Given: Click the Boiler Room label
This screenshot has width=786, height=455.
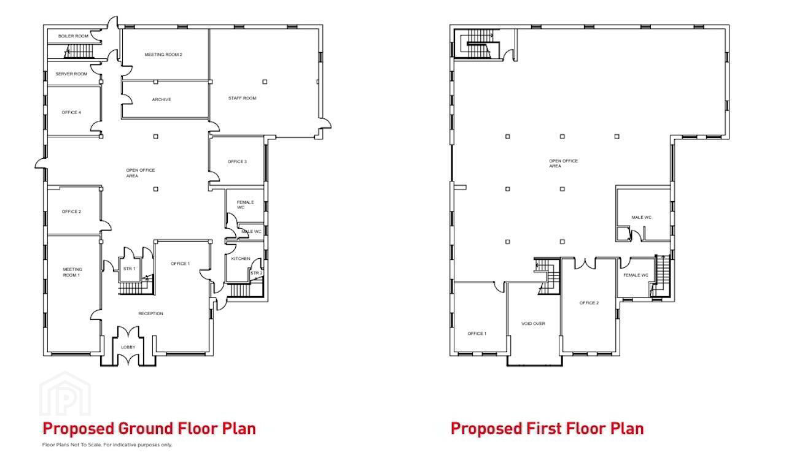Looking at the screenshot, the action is (73, 36).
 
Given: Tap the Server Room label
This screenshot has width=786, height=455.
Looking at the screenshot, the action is (71, 74).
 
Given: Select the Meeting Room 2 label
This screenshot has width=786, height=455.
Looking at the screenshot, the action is (163, 55).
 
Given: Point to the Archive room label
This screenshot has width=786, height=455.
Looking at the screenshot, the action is (161, 99).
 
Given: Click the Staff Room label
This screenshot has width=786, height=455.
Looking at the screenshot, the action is (242, 98).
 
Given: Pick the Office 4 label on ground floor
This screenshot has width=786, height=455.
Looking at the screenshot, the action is (71, 112).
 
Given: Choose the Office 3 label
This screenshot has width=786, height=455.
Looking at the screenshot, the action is (237, 162).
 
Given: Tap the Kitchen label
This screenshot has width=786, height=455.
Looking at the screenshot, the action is (241, 259).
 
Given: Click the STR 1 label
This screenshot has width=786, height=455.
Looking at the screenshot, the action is (129, 269).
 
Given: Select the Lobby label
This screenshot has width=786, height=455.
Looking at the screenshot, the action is (128, 347).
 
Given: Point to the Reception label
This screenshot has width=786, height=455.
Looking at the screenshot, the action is (150, 313).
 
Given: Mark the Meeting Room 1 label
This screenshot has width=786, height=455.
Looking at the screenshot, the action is (72, 272).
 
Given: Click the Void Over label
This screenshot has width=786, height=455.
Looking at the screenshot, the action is (534, 324).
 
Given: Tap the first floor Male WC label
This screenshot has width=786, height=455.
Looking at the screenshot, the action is (642, 217).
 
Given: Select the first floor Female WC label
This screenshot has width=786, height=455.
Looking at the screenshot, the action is (636, 275).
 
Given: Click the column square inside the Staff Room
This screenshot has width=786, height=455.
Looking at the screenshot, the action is (265, 82).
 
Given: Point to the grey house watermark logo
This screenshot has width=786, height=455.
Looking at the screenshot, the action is (65, 394).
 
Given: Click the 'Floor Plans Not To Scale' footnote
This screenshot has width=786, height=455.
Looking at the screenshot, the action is (107, 445).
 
